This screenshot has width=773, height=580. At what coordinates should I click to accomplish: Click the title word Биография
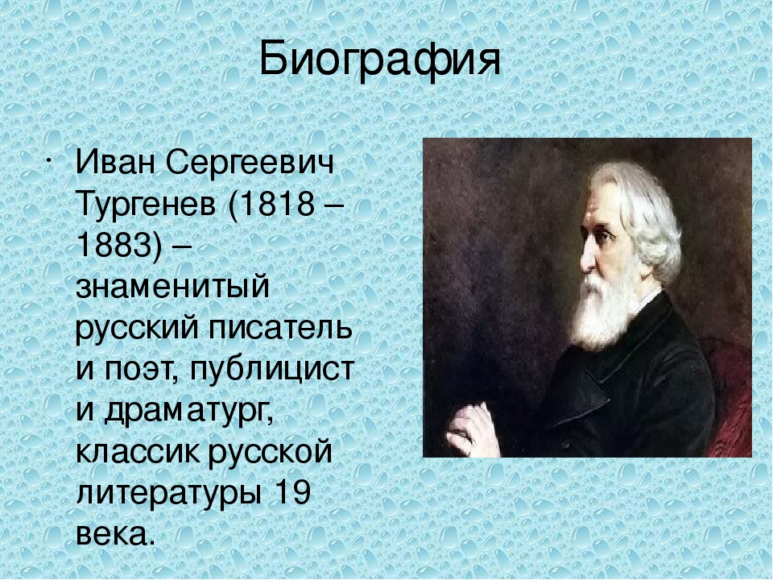coord(379,61)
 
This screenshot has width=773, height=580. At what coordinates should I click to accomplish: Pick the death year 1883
coord(113,245)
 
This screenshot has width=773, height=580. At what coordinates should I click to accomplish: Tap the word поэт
coord(139,369)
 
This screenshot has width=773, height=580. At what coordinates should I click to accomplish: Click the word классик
coord(138,451)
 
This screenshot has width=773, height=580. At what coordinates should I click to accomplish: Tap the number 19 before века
coord(291,493)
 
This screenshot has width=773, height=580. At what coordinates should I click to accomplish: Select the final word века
coord(112,534)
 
